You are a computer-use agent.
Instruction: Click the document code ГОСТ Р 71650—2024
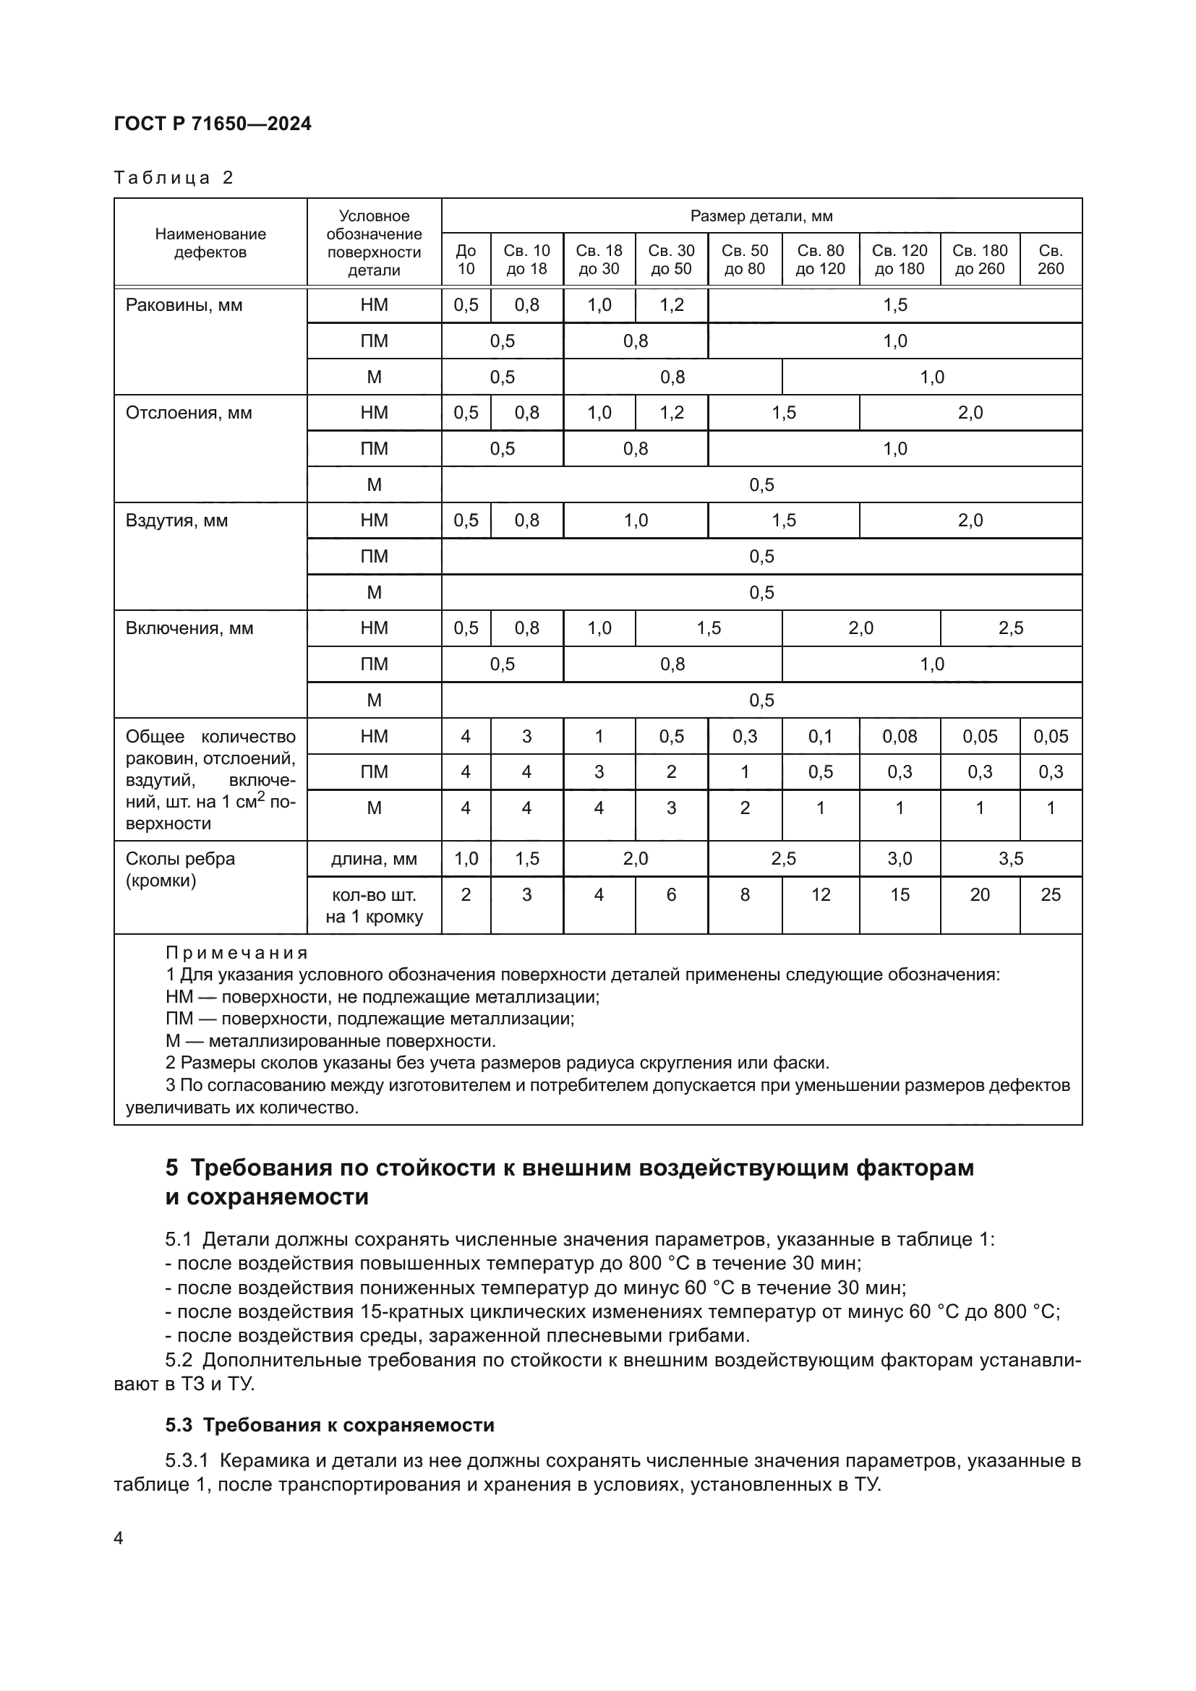click(x=212, y=124)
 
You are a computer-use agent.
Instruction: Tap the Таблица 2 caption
click(x=174, y=178)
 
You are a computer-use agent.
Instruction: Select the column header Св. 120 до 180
click(x=900, y=260)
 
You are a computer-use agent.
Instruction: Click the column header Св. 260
click(x=1050, y=260)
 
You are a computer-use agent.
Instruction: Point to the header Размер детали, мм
click(x=761, y=215)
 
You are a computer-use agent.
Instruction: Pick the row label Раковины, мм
click(x=184, y=305)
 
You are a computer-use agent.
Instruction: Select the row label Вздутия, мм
click(x=176, y=521)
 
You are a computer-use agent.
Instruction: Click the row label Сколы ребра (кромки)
click(x=181, y=869)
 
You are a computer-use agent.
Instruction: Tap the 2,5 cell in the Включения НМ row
click(x=1010, y=628)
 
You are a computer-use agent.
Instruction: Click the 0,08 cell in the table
click(x=900, y=736)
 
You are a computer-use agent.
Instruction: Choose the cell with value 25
click(x=1050, y=894)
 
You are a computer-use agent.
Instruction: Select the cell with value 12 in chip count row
click(x=821, y=894)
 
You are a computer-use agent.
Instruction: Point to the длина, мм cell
click(x=374, y=859)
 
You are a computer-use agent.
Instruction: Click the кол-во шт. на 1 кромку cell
click(x=374, y=905)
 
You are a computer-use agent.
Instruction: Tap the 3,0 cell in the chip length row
click(x=900, y=859)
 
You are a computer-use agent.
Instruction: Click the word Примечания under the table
click(x=236, y=953)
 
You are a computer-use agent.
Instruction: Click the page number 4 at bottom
click(x=119, y=1538)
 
